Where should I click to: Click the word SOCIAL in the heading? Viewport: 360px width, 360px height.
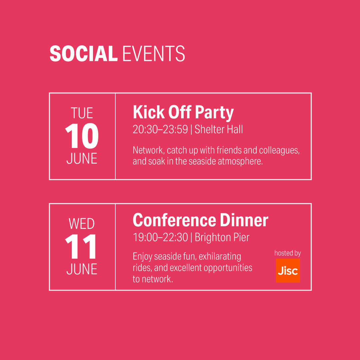point(84,53)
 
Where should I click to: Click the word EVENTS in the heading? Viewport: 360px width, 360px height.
point(154,53)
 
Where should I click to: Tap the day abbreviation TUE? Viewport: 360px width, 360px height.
point(82,113)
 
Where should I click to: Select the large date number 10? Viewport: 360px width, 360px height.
point(82,136)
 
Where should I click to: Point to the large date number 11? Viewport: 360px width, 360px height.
point(81,246)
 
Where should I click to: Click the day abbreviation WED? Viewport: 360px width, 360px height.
point(82,224)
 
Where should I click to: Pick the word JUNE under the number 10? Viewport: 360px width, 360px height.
point(82,158)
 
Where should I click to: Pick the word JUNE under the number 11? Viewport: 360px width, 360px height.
point(82,269)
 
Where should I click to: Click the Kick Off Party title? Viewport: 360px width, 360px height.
point(183,113)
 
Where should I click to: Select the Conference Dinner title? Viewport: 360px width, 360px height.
point(200,220)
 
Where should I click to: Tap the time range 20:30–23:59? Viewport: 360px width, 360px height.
point(160,129)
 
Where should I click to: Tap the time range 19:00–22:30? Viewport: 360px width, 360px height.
point(160,237)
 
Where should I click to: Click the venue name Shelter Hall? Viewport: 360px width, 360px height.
point(219,129)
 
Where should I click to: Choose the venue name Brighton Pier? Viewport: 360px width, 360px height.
point(222,237)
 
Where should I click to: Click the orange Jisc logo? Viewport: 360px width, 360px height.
point(288,270)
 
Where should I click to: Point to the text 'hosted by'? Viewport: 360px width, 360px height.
point(288,253)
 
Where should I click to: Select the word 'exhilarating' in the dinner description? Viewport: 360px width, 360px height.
point(220,256)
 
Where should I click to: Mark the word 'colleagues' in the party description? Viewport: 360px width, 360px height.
point(279,150)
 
